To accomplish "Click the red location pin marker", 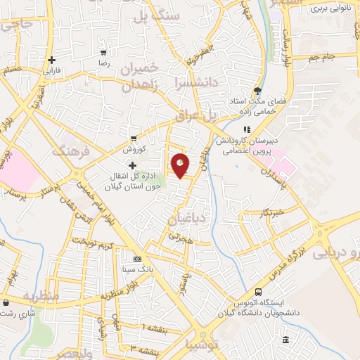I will point(181,165).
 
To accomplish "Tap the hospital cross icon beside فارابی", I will point(51,60).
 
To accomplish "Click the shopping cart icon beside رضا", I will point(104,53).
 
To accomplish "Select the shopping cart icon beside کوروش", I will point(133,138).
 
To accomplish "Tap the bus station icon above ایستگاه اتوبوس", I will point(259,292).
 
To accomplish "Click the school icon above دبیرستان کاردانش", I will point(246,129).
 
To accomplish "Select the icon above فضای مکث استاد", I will point(258,91).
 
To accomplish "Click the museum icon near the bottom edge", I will point(285,341).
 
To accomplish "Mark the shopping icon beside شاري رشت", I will point(6,303).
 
